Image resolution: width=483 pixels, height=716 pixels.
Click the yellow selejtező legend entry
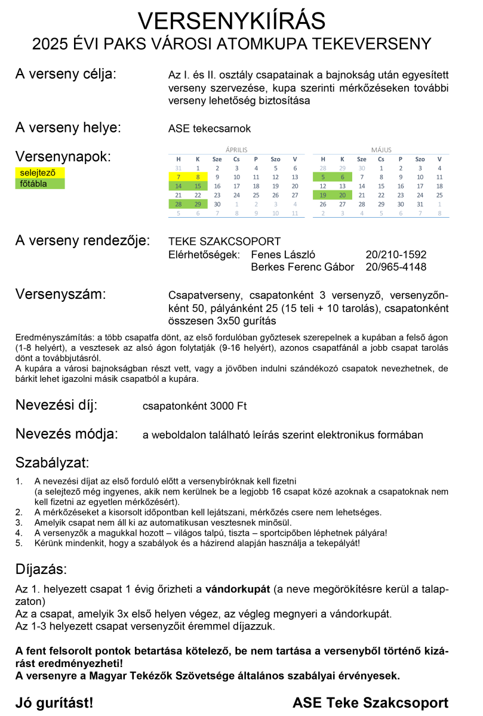39,173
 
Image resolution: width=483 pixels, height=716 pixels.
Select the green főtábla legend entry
39,184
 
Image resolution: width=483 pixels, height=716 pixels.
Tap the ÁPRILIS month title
236,150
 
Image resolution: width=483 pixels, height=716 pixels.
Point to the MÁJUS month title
381,150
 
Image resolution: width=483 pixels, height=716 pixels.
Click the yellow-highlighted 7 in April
178,177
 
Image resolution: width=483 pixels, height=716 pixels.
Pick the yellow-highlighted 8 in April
198,177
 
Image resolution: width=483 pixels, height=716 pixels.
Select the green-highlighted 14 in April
178,186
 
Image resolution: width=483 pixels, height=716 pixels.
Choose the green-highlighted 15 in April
198,186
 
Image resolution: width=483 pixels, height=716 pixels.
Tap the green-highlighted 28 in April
178,204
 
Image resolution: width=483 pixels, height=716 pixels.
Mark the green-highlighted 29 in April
198,204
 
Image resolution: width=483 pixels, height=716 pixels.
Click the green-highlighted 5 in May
323,177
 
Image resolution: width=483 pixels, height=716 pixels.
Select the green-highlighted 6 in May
342,177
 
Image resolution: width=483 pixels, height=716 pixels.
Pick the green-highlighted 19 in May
323,195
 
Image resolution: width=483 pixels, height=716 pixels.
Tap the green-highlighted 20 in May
342,195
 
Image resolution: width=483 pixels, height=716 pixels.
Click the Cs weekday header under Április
236,159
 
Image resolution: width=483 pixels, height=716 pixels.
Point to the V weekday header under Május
439,159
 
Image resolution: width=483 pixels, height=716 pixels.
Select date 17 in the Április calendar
236,186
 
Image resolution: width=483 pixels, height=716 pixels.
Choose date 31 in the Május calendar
420,204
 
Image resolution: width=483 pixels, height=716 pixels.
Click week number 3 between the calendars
309,186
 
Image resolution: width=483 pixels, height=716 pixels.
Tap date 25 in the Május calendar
439,195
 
